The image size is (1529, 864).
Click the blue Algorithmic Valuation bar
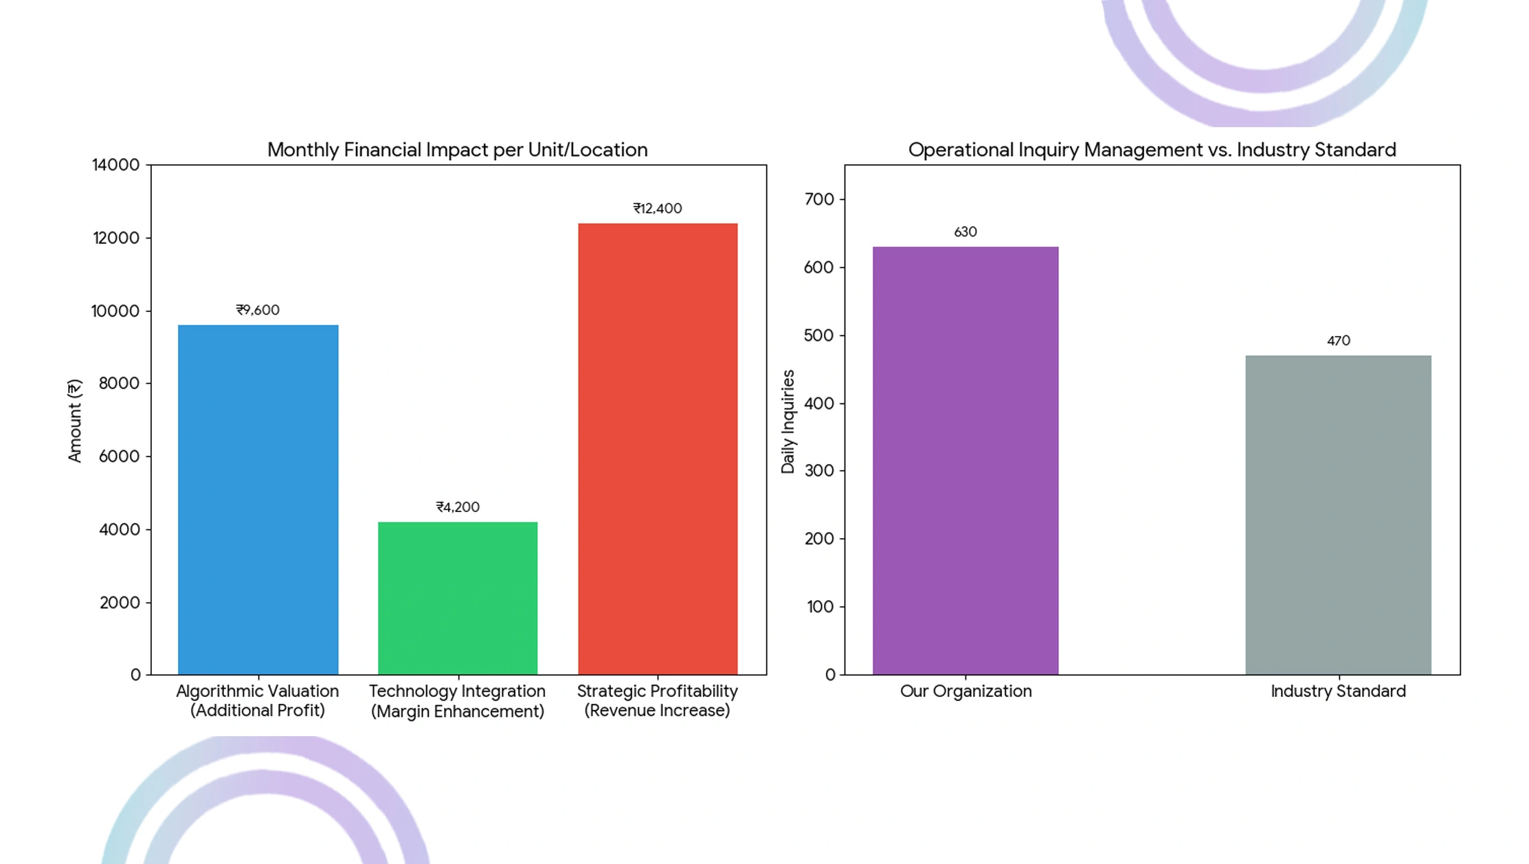258,500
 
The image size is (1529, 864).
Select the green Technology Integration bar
458,598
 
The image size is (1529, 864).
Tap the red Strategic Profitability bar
658,449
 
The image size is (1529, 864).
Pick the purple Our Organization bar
966,461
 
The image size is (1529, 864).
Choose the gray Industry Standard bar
1338,515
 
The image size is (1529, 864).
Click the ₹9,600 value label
258,310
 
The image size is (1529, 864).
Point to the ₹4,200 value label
458,507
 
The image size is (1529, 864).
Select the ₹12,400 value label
658,208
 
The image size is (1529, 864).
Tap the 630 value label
966,232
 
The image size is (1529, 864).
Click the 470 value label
1338,341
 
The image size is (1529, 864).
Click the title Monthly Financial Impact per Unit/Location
457,150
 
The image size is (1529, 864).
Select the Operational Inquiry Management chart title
1152,150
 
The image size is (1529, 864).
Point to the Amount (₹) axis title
74,420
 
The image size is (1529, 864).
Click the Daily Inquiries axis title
788,421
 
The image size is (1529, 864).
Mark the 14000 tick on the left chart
115,165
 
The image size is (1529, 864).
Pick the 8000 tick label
119,384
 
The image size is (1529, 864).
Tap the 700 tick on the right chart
818,199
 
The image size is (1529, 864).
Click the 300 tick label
818,471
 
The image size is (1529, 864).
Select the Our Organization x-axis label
966,691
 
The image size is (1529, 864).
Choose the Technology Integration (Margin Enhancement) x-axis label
458,701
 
